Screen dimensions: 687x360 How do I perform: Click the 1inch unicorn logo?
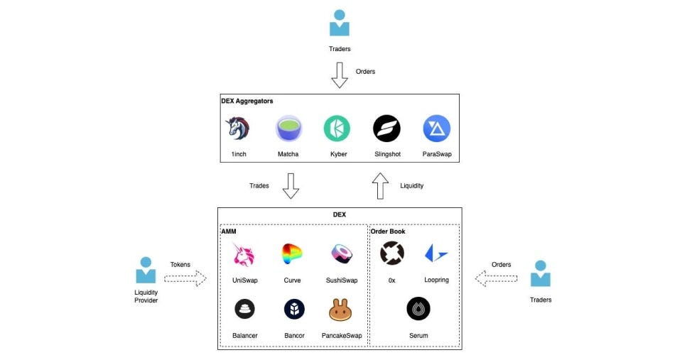pyautogui.click(x=238, y=129)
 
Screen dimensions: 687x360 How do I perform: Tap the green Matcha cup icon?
pyautogui.click(x=288, y=129)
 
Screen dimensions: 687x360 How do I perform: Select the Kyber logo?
pyautogui.click(x=337, y=129)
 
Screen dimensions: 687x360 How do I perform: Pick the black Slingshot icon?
pyautogui.click(x=386, y=129)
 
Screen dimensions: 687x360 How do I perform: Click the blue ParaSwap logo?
pyautogui.click(x=437, y=129)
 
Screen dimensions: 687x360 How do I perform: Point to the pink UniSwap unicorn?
pyautogui.click(x=244, y=254)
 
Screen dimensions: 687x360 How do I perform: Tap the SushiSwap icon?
pyautogui.click(x=342, y=253)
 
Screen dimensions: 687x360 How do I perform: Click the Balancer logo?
pyautogui.click(x=245, y=309)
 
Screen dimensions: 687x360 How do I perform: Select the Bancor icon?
pyautogui.click(x=294, y=309)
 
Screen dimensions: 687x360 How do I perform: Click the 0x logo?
pyautogui.click(x=392, y=253)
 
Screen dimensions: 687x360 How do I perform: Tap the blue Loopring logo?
pyautogui.click(x=436, y=253)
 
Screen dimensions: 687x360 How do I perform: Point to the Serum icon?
pyautogui.click(x=418, y=309)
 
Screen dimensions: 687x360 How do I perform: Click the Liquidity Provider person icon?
pyautogui.click(x=146, y=271)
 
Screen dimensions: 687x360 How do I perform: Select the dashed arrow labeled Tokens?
pyautogui.click(x=185, y=278)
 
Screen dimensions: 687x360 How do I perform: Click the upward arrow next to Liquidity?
pyautogui.click(x=380, y=186)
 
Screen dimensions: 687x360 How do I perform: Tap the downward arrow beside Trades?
pyautogui.click(x=291, y=186)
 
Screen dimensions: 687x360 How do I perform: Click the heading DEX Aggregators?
pyautogui.click(x=247, y=101)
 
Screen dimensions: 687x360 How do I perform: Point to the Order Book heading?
pyautogui.click(x=388, y=231)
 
